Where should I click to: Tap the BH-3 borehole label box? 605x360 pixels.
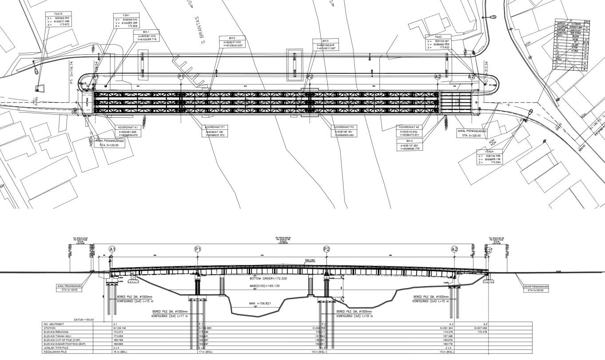click(329, 44)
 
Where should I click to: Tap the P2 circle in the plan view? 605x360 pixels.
click(310, 76)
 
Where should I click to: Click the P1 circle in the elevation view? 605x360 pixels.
click(198, 249)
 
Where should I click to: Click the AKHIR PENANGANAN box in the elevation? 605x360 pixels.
click(536, 288)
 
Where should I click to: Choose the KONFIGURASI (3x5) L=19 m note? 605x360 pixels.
click(354, 316)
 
